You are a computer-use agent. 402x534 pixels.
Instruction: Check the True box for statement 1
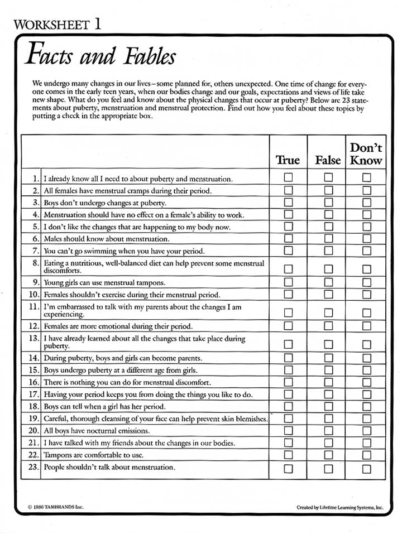pos(288,177)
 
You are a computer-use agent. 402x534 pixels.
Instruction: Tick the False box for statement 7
pos(328,250)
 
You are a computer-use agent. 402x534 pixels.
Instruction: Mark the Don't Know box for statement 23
pos(366,468)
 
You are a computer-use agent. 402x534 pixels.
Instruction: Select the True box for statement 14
pos(288,357)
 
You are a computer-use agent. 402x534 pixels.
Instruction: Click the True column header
pos(288,160)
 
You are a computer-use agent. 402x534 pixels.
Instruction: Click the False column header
pos(328,160)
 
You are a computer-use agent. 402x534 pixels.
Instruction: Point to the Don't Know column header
pos(366,154)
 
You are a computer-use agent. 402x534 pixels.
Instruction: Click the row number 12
pos(33,326)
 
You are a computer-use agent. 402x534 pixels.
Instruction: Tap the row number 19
pos(33,418)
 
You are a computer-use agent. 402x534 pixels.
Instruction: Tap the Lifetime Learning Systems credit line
pos(340,508)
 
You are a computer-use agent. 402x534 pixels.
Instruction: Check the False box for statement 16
pos(328,382)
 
